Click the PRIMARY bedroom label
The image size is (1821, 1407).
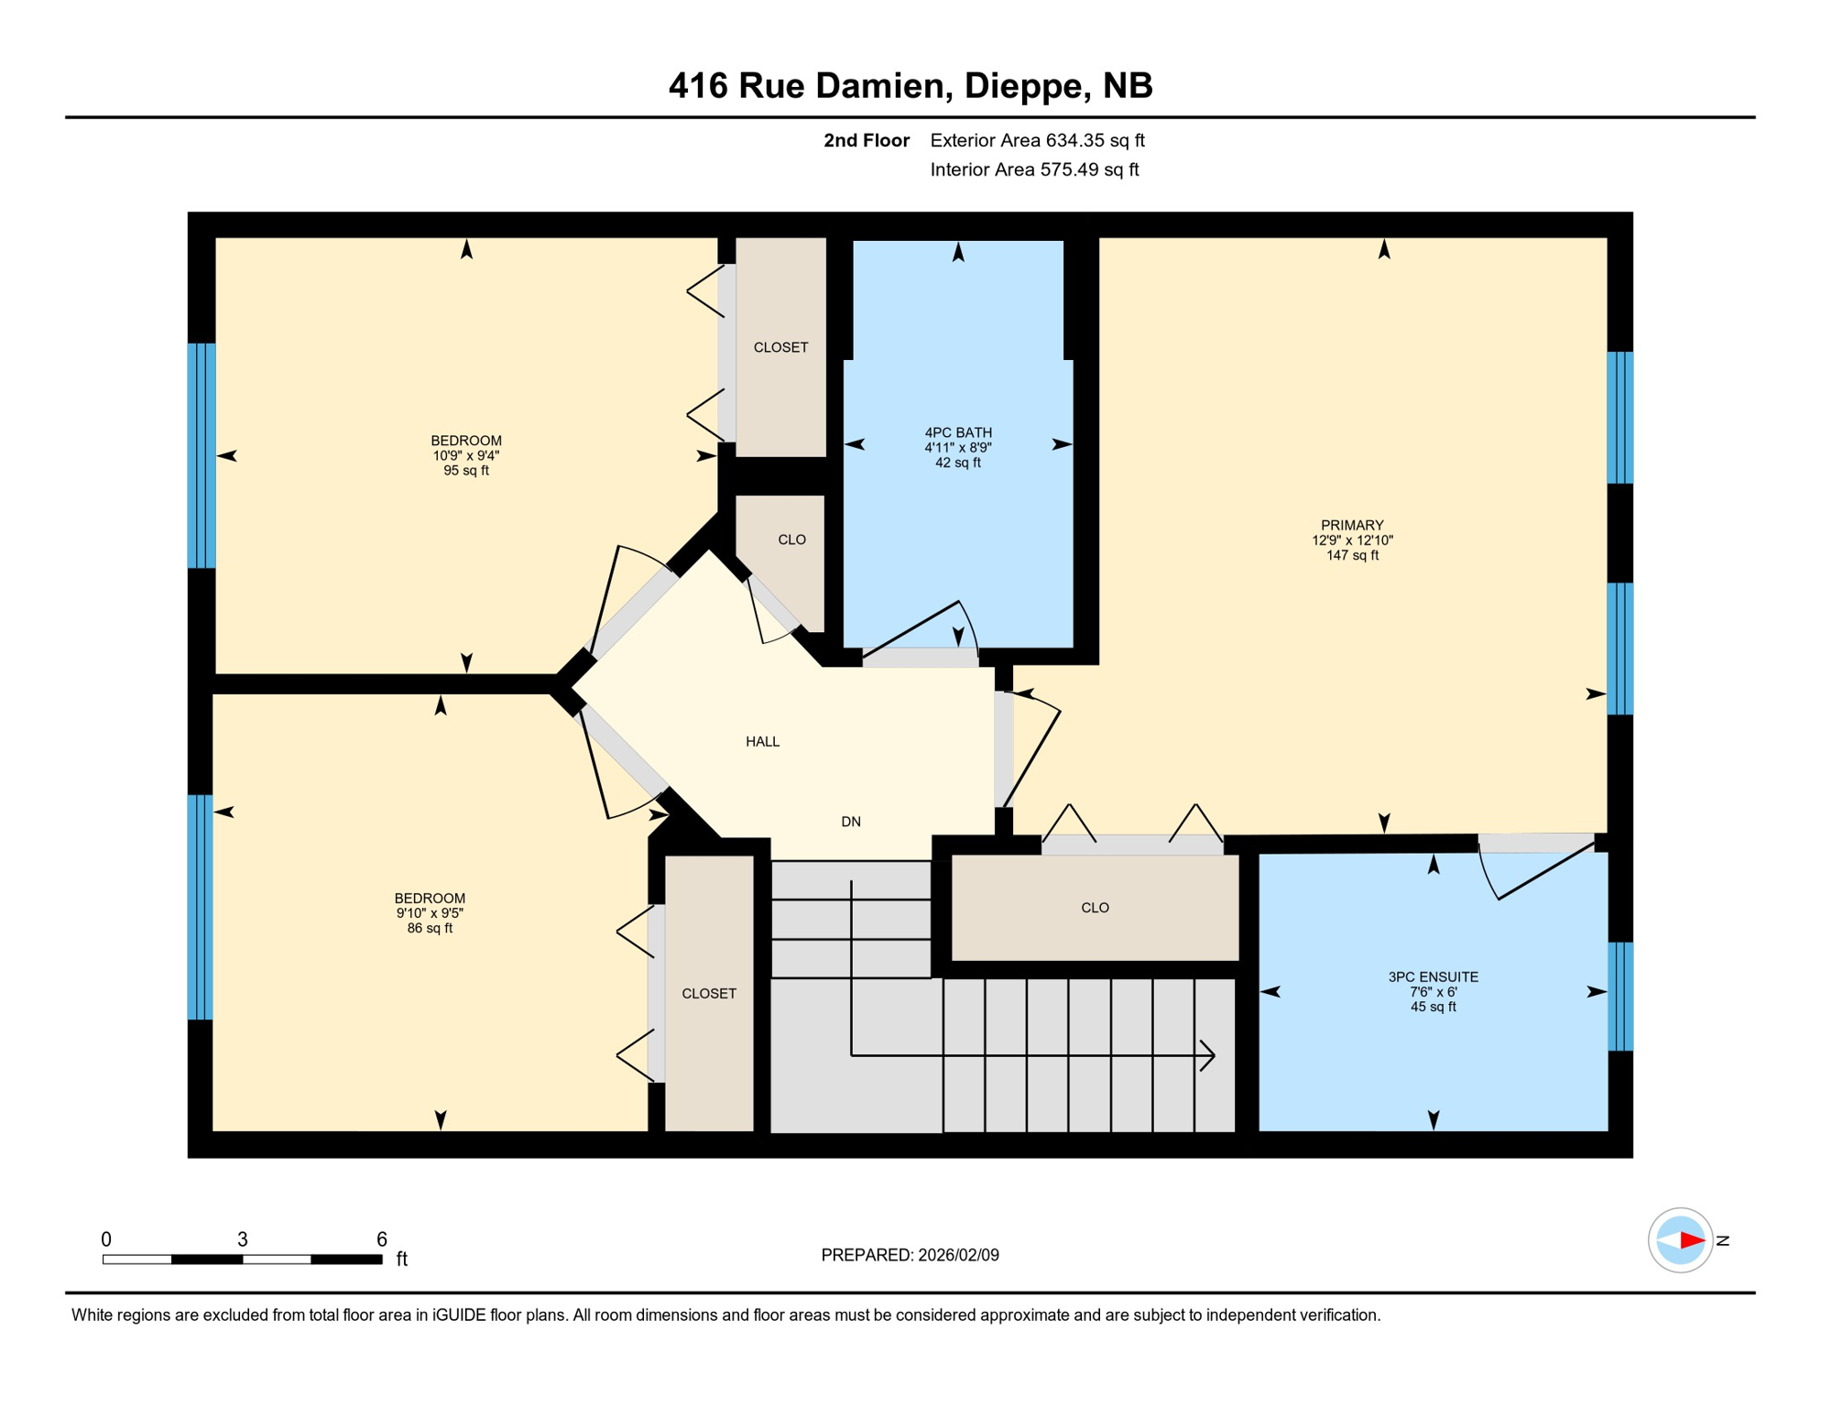click(1352, 525)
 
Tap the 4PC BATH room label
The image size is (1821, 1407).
click(958, 432)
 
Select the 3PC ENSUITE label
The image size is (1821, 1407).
click(1433, 976)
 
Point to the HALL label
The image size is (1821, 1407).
click(762, 741)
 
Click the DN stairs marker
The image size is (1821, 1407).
click(850, 822)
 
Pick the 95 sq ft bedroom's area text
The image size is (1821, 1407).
click(465, 471)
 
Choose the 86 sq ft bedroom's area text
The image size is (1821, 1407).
click(429, 928)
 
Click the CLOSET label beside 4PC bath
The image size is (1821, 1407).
click(780, 347)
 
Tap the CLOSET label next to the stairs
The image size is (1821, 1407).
click(708, 993)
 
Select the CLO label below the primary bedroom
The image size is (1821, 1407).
click(1095, 908)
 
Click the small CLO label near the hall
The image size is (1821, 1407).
click(791, 540)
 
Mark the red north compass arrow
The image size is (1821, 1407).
click(1691, 1240)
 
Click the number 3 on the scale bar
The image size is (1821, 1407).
click(242, 1239)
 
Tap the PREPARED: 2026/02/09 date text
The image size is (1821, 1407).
click(910, 1255)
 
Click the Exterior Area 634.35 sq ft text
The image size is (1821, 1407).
click(1037, 140)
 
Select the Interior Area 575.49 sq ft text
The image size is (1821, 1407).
click(1034, 169)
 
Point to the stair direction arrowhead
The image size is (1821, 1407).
click(1209, 1055)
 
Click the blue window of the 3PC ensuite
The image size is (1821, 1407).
click(1619, 996)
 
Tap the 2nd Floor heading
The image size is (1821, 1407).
click(866, 140)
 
